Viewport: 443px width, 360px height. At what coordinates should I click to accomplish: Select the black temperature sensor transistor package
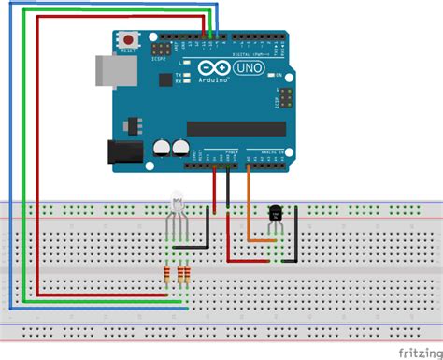[276, 215]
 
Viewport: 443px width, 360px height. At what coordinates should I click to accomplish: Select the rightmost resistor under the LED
[188, 274]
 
